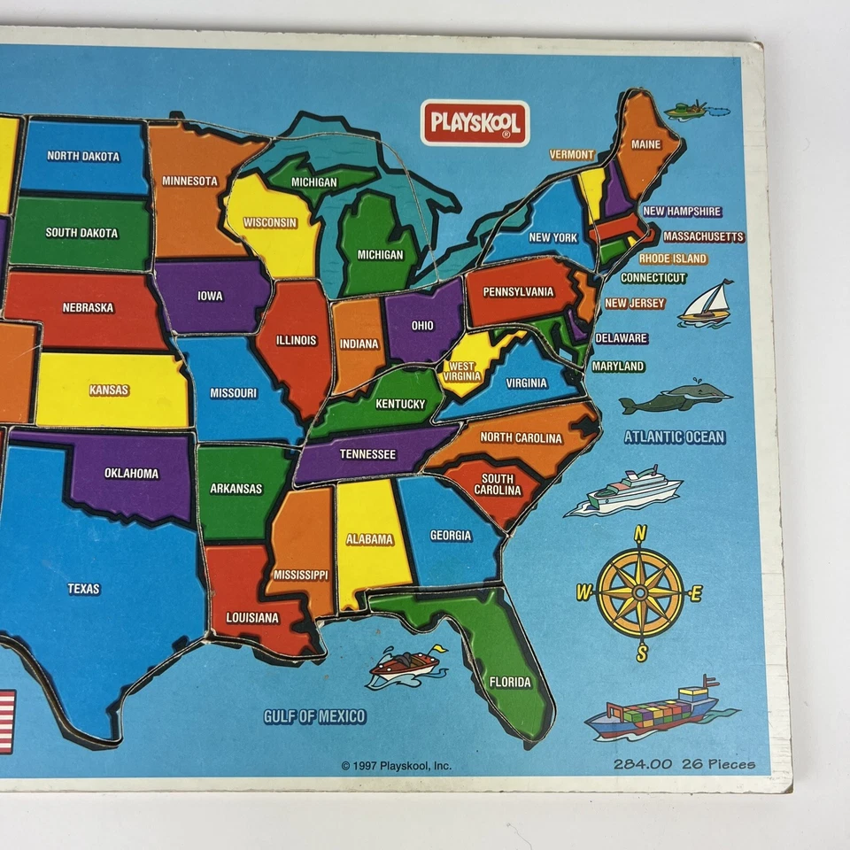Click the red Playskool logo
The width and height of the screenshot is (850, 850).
coord(475,123)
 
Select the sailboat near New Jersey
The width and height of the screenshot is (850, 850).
coord(708,304)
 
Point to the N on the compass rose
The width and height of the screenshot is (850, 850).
coord(640,532)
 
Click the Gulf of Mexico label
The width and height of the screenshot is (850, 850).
coord(314,716)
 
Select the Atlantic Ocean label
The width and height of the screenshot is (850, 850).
coord(674,437)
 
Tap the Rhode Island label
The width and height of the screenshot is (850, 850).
coord(673,259)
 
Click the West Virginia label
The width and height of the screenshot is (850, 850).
coord(462,371)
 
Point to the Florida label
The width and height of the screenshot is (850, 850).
coord(510,682)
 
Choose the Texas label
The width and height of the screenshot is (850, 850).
coord(84,589)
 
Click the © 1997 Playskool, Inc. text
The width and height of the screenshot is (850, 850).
coord(396,766)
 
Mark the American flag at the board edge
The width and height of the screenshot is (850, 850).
coord(5,722)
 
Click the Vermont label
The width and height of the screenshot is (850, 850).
coord(572,154)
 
